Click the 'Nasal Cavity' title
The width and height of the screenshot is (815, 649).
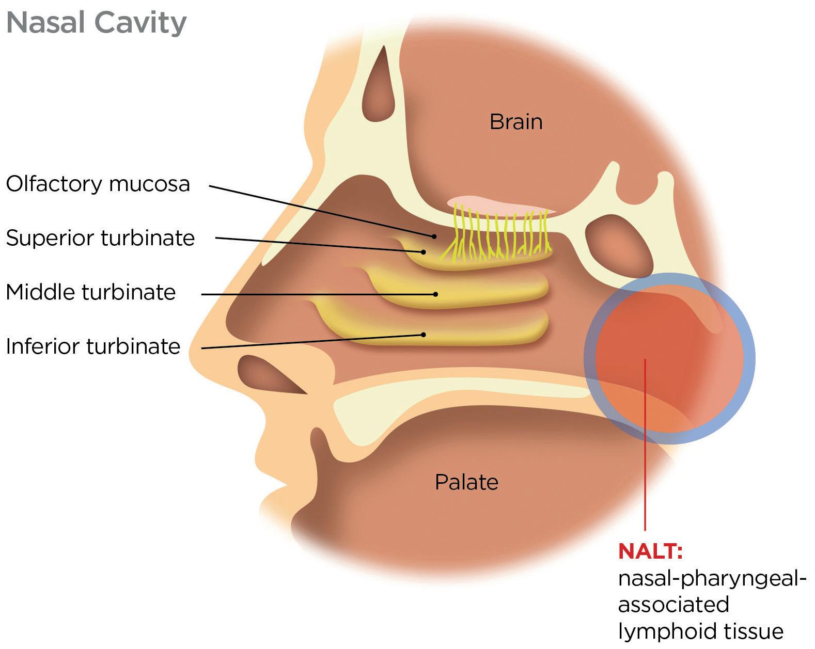(x=96, y=23)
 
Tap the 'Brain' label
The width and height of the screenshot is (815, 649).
(x=515, y=122)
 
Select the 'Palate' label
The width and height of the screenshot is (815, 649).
(x=466, y=482)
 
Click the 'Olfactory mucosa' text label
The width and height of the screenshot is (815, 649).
(x=98, y=184)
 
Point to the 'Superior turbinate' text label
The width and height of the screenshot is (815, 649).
(x=100, y=238)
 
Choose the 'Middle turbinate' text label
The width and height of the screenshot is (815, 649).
(x=91, y=292)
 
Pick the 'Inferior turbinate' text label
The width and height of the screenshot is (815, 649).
(x=93, y=346)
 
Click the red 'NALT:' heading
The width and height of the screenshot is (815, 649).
(x=650, y=551)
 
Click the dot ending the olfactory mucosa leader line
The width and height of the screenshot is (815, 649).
(x=434, y=236)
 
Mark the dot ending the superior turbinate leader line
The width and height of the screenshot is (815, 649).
(x=424, y=252)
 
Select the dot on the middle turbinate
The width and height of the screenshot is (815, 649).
(x=436, y=294)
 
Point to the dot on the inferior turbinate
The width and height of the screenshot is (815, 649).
(x=424, y=335)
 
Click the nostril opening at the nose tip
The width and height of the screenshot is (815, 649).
(x=269, y=374)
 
